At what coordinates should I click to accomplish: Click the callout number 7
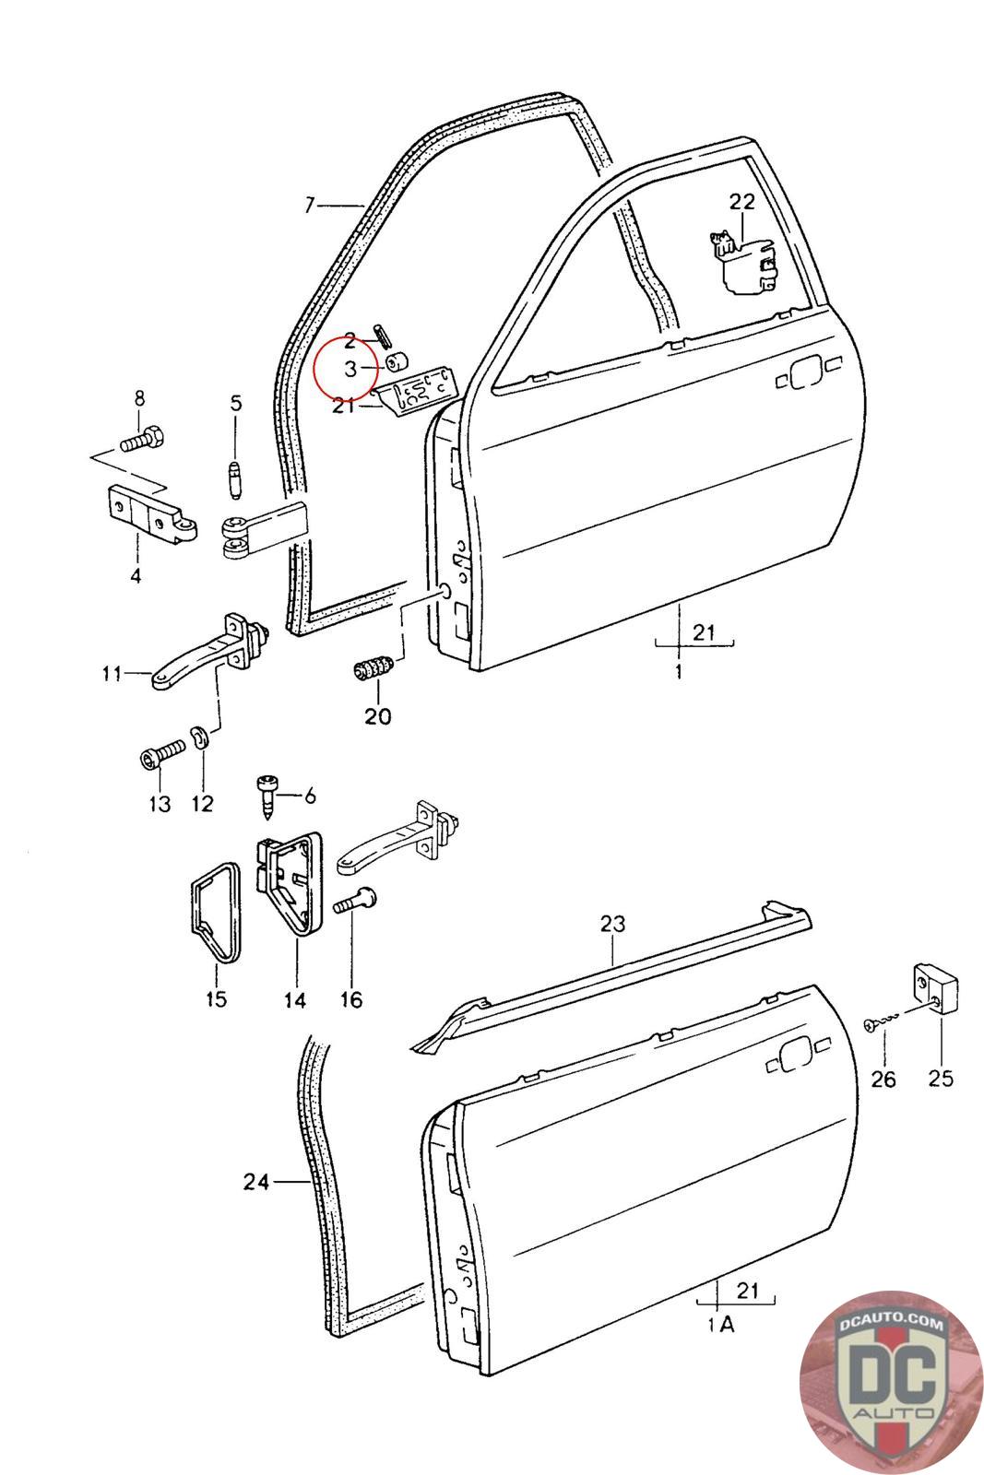pos(310,205)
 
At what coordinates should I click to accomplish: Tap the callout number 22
pos(741,202)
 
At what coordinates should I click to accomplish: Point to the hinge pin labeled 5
pos(234,478)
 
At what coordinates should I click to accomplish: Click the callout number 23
pos(612,923)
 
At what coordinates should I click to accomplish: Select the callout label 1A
pos(720,1325)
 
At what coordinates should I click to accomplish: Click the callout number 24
pos(255,1181)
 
